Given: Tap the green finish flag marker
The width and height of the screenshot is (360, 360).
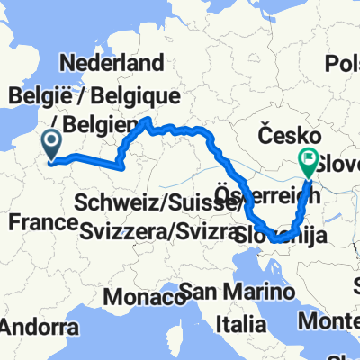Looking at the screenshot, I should point(309,163).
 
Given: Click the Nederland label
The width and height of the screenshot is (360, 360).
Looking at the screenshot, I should point(112,63).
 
